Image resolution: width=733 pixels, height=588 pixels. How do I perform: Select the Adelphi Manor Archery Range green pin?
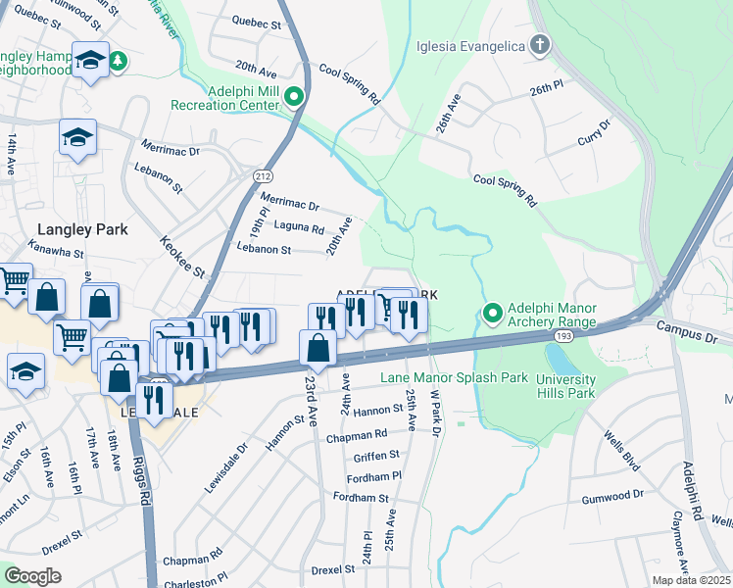(x=492, y=314)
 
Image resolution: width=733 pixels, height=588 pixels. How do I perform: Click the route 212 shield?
(x=262, y=176)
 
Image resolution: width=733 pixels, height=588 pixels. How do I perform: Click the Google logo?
(x=32, y=576)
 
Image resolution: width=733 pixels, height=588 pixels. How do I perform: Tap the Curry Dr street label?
(x=594, y=134)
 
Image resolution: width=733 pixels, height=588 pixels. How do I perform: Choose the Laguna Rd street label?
(x=299, y=228)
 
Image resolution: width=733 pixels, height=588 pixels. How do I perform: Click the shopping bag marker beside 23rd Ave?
(x=318, y=348)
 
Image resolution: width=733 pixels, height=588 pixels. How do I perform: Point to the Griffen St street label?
(x=376, y=455)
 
